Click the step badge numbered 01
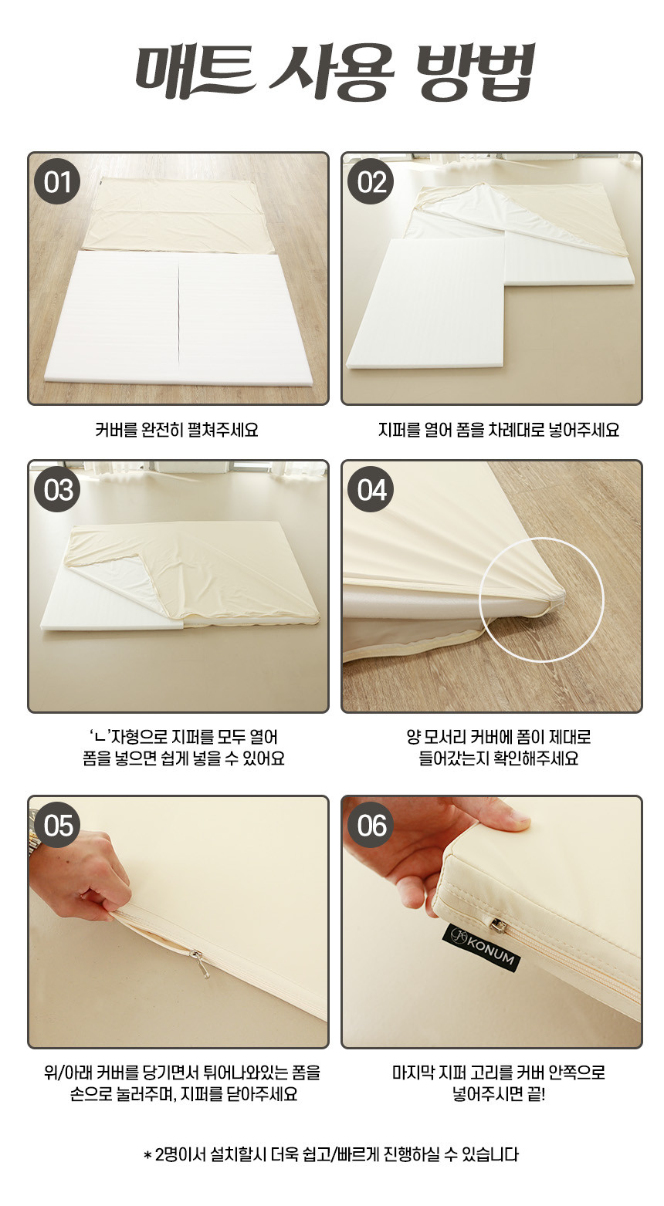57,181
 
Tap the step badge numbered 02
371,181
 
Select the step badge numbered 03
57,489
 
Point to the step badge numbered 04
371,489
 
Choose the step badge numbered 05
57,825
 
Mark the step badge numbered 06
371,825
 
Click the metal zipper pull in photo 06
498,925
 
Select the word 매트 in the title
195,73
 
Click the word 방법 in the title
476,73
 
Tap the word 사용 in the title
332,73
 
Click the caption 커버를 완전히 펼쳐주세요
177,430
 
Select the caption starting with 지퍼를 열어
499,430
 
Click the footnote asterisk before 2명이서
147,1155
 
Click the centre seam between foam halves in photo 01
178,314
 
